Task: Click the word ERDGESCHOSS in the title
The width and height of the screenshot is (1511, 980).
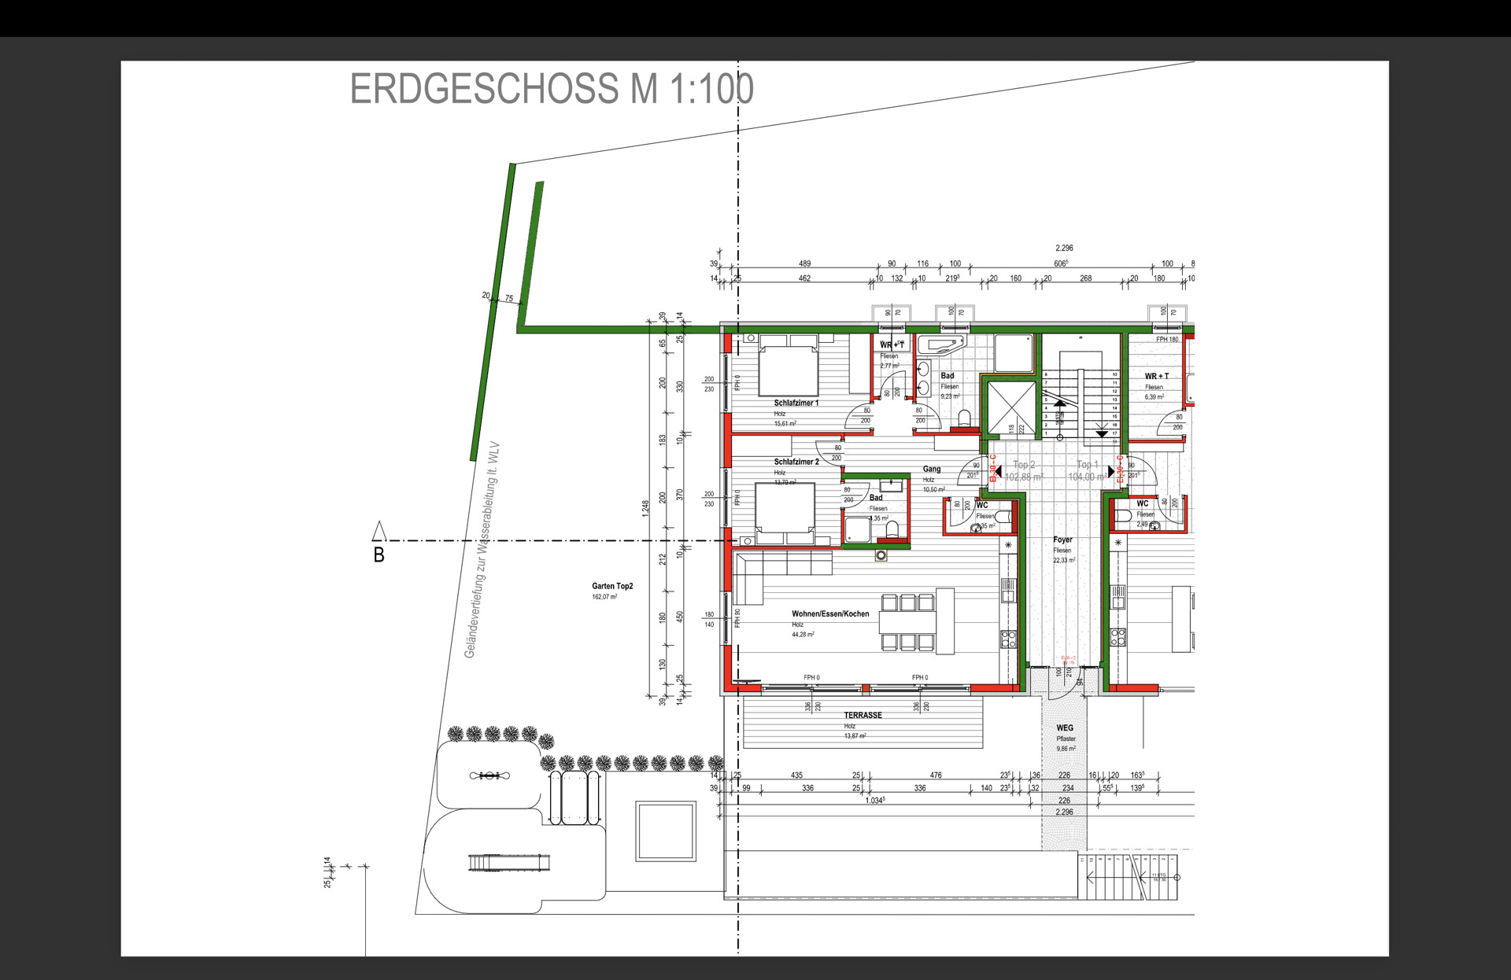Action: point(484,88)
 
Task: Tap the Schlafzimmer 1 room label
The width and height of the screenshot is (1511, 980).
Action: point(796,403)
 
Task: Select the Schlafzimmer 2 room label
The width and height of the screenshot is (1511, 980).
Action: point(796,462)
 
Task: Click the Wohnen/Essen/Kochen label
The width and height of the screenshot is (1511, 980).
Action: point(829,613)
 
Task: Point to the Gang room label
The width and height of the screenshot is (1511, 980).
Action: point(931,469)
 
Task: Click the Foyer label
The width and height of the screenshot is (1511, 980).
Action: point(1062,540)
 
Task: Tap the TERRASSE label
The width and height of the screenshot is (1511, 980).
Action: point(863,715)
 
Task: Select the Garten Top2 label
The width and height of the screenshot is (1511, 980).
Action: point(612,586)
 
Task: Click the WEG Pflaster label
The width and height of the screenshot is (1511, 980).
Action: point(1065,728)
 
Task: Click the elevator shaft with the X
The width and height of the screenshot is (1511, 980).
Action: point(1011,407)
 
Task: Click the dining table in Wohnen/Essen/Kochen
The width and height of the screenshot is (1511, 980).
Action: point(907,622)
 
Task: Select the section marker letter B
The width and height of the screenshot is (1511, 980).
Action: point(379,555)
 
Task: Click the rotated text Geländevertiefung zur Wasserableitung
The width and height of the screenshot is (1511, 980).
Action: point(482,551)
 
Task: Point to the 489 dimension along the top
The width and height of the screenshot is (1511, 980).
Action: point(804,263)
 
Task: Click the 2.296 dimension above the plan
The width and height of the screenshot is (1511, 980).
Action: point(1064,248)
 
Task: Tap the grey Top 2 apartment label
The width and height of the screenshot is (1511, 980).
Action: point(1024,465)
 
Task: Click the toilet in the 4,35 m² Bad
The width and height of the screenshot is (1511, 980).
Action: point(892,530)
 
